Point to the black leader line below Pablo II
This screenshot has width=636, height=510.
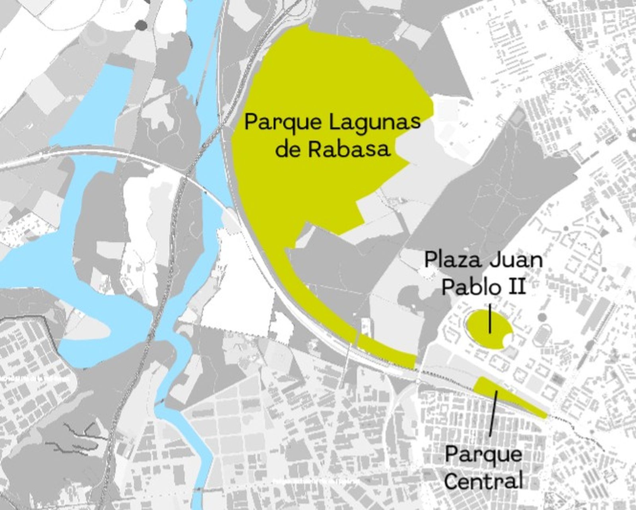490,318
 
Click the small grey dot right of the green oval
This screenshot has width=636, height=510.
542,317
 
